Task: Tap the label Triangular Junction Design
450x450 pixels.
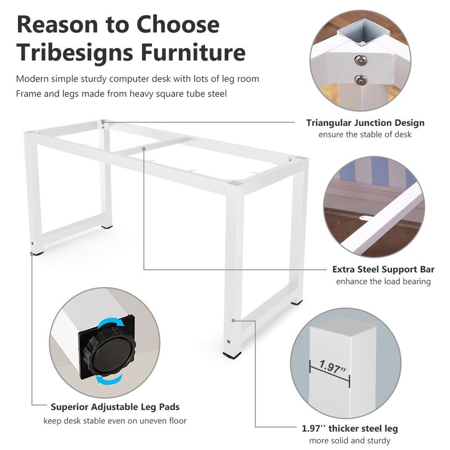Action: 365,123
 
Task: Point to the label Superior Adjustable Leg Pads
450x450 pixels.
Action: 115,407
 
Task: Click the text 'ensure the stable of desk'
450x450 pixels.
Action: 365,134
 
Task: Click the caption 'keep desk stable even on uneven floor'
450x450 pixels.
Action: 115,420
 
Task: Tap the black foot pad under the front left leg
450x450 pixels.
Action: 37,254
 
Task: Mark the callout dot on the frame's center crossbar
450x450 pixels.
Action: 145,148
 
